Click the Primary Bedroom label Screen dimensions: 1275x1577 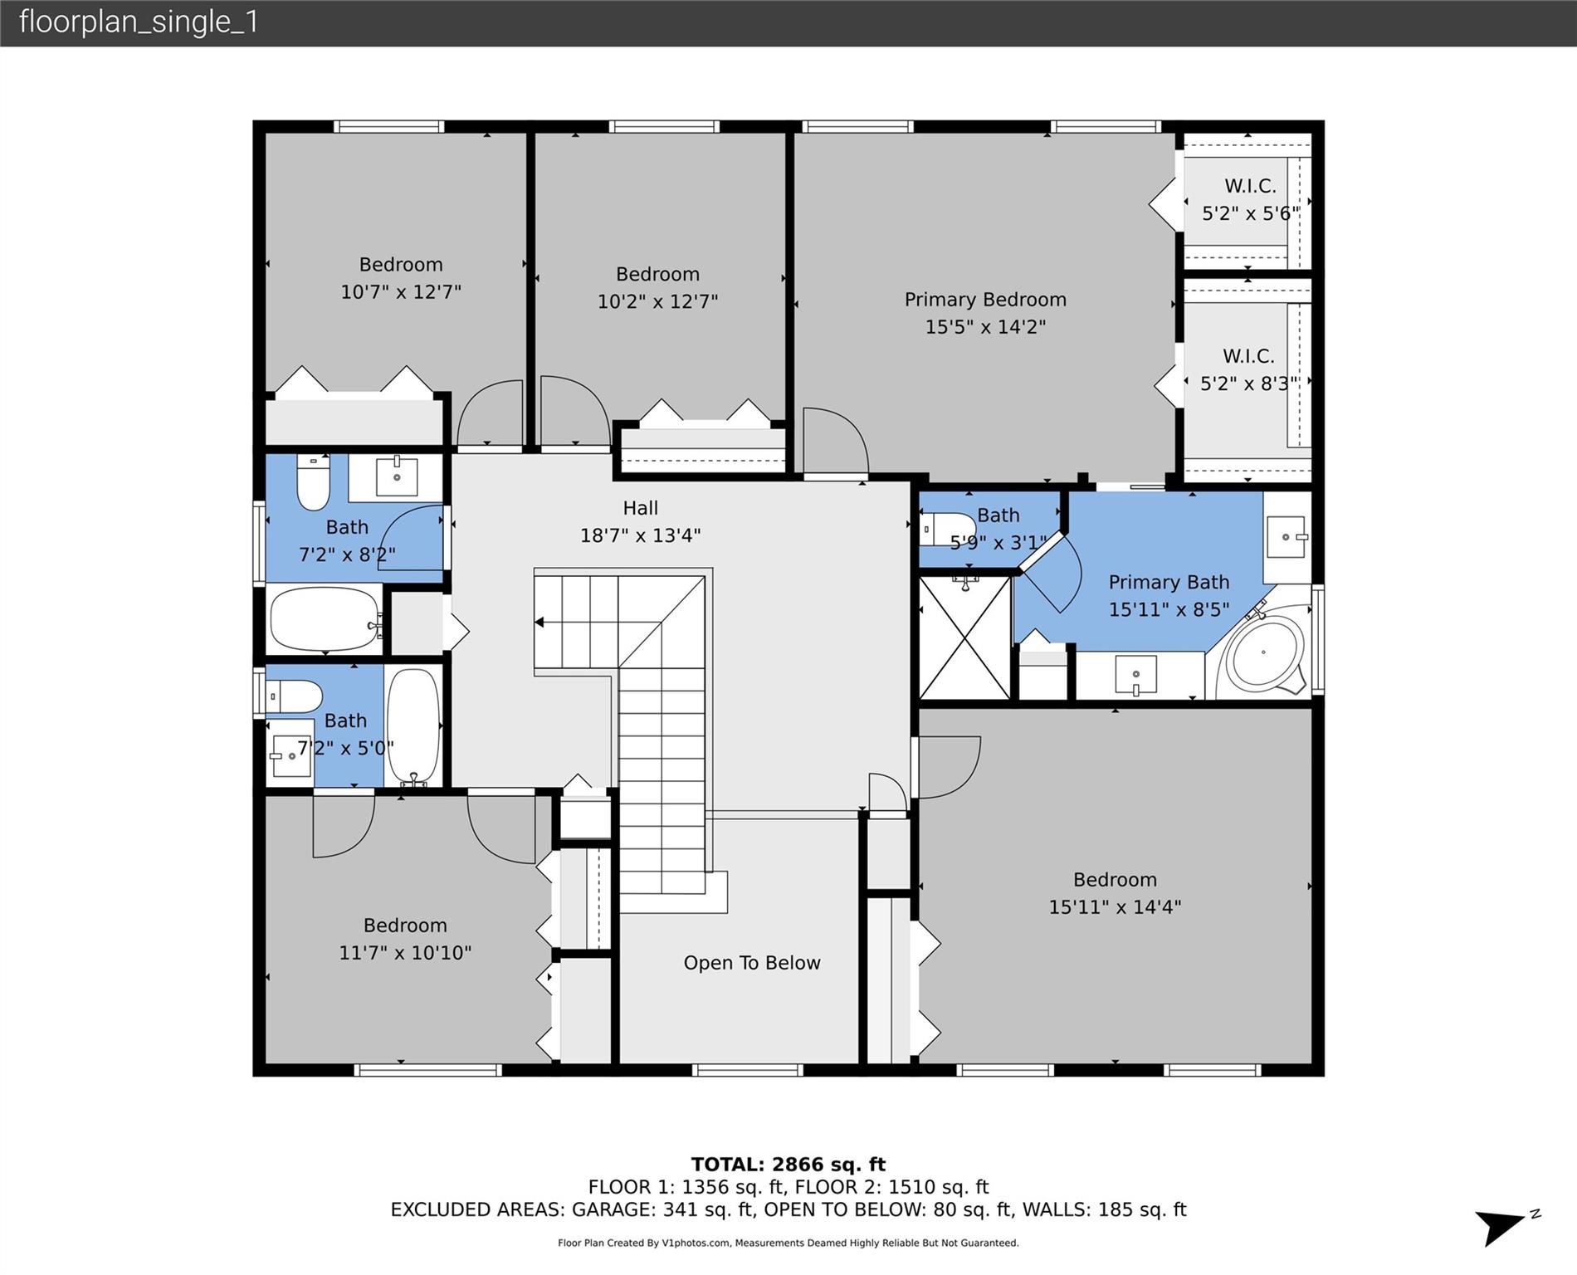click(985, 313)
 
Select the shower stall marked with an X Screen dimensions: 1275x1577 click(964, 637)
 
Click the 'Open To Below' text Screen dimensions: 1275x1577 click(751, 963)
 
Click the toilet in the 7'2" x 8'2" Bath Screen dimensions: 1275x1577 click(313, 482)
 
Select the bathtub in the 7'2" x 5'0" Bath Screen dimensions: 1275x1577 click(413, 726)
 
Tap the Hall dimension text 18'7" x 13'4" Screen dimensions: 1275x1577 click(640, 535)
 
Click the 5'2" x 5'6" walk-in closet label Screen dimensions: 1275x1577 click(1250, 200)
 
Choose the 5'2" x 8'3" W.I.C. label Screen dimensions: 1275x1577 click(1248, 370)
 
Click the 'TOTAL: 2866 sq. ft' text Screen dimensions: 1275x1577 click(788, 1165)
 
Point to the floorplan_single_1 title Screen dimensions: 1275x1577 click(139, 22)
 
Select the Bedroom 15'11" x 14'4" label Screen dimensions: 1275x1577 click(1114, 893)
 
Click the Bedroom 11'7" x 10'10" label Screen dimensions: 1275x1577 click(405, 939)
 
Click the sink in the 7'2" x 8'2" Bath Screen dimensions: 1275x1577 click(397, 476)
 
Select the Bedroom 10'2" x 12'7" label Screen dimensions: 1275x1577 click(657, 287)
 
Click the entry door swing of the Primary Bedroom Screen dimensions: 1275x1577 click(834, 440)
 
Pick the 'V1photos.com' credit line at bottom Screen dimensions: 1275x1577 click(788, 1243)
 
